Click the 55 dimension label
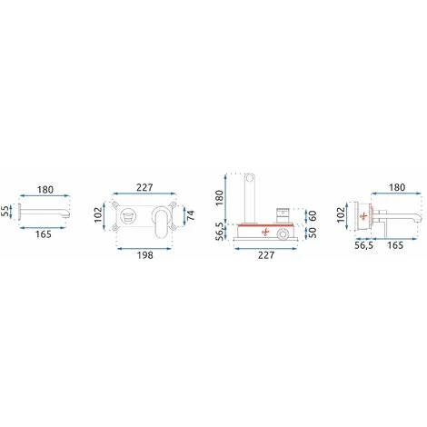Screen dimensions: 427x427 click(x=5, y=212)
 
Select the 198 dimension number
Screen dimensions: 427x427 click(x=145, y=255)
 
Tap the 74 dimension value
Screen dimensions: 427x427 click(x=191, y=215)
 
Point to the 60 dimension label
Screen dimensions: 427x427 click(x=313, y=216)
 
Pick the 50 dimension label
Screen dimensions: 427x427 click(x=313, y=233)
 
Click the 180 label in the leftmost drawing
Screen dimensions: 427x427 click(x=45, y=190)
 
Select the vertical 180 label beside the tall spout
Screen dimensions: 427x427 click(x=219, y=197)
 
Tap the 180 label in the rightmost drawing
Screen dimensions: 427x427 click(x=397, y=187)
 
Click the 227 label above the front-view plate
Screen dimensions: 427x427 click(x=144, y=187)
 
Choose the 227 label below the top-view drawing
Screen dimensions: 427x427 click(x=266, y=255)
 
